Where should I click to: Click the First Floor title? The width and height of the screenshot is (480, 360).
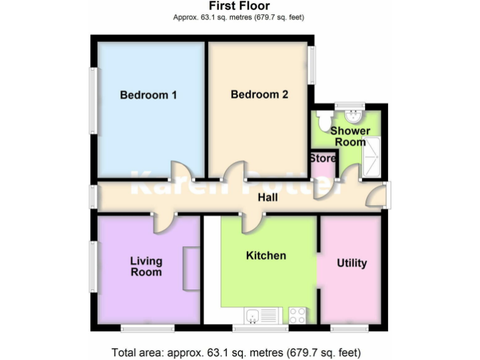click(x=238, y=6)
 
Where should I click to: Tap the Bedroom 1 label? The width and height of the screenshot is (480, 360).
click(x=148, y=96)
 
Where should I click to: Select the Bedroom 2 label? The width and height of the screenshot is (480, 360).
click(x=259, y=95)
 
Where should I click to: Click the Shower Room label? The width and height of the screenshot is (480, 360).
click(x=350, y=136)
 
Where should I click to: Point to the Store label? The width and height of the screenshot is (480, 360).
click(x=322, y=159)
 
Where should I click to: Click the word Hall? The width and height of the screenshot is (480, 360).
click(x=268, y=198)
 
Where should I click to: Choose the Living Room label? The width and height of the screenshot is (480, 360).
click(x=146, y=266)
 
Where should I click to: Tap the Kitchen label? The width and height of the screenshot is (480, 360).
click(x=266, y=256)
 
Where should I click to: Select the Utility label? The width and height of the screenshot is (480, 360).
click(x=351, y=263)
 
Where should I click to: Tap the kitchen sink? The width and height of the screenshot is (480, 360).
click(x=256, y=316)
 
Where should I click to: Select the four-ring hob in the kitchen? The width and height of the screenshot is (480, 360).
click(x=297, y=316)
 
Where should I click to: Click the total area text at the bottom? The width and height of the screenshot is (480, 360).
click(x=236, y=352)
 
